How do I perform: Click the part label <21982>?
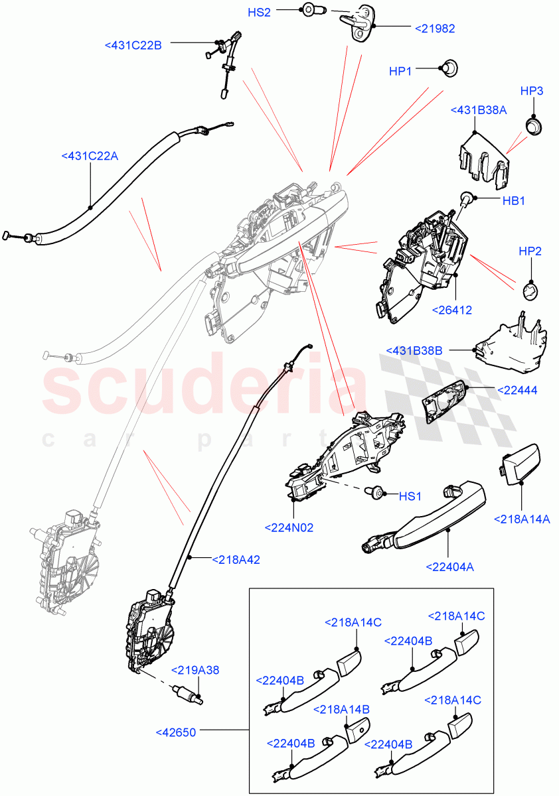coord(436,28)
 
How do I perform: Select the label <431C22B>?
coord(133,44)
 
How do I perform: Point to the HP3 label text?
coord(532,90)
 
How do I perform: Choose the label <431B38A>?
coord(478,110)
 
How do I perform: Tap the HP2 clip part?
coord(530,289)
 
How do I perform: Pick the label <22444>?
coord(517,391)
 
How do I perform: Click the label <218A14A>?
coord(522,519)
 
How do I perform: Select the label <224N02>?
coord(289,528)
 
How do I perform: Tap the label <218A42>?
coord(235,559)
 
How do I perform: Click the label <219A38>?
coord(196,669)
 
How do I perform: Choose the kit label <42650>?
coord(176,732)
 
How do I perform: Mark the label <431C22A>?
coord(90,156)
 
